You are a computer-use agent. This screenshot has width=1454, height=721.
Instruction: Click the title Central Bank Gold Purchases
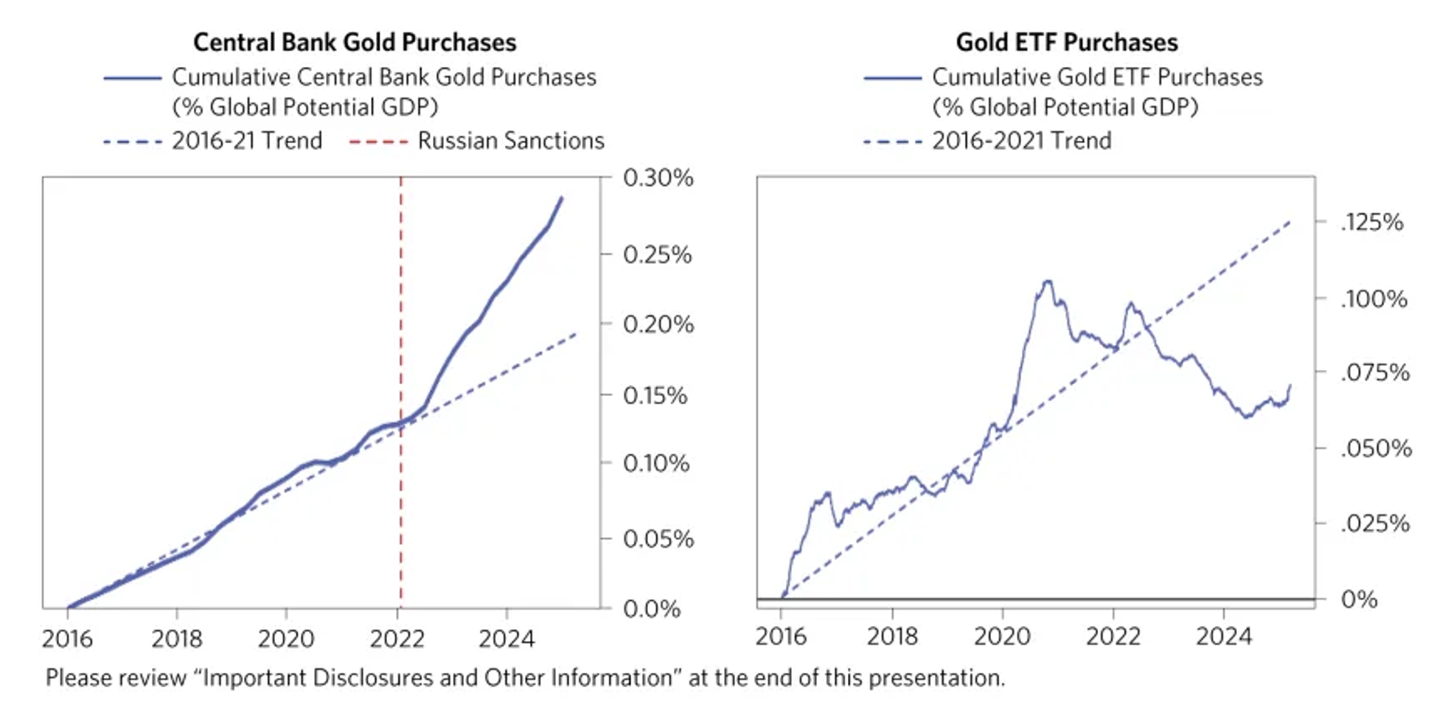point(355,43)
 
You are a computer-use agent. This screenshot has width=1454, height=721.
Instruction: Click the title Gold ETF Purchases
point(1066,43)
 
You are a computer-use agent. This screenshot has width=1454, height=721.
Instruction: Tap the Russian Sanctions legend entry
point(510,140)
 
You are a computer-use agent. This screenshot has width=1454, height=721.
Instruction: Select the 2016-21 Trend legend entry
point(247,140)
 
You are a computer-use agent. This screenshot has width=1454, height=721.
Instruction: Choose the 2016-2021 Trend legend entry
point(1021,140)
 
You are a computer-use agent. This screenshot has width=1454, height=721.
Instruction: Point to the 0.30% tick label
point(658,178)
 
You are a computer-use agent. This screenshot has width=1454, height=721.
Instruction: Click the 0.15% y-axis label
point(655,396)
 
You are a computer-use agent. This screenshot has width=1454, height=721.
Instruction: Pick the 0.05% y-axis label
point(658,539)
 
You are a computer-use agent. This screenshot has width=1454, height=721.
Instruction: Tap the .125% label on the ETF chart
point(1371,222)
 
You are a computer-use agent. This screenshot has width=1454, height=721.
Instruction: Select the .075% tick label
point(1374,372)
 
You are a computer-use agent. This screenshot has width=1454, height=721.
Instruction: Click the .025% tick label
point(1374,523)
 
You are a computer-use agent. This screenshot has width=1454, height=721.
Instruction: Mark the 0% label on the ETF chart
point(1359,599)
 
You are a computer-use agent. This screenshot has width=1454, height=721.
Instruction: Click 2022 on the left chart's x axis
point(397,638)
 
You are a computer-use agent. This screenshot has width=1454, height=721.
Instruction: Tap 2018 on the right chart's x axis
point(892,635)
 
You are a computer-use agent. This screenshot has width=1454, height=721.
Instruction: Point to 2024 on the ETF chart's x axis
point(1224,635)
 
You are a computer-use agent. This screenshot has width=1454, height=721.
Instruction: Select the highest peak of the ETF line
point(1047,281)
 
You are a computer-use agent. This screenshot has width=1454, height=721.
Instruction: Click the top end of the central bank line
point(562,198)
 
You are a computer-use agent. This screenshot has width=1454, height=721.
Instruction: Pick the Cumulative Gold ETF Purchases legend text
point(1097,77)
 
